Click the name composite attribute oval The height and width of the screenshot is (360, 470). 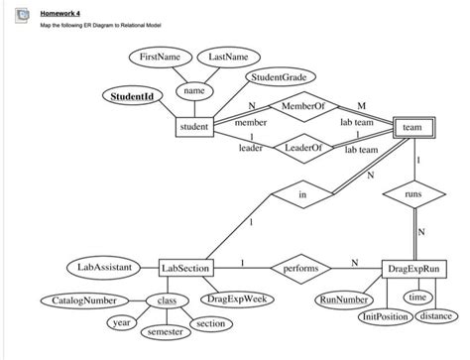pyautogui.click(x=194, y=91)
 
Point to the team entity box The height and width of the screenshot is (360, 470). pyautogui.click(x=412, y=128)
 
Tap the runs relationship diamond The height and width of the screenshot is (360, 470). pyautogui.click(x=412, y=195)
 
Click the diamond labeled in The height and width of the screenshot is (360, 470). pyautogui.click(x=301, y=195)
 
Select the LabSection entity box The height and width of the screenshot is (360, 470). pyautogui.click(x=185, y=269)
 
